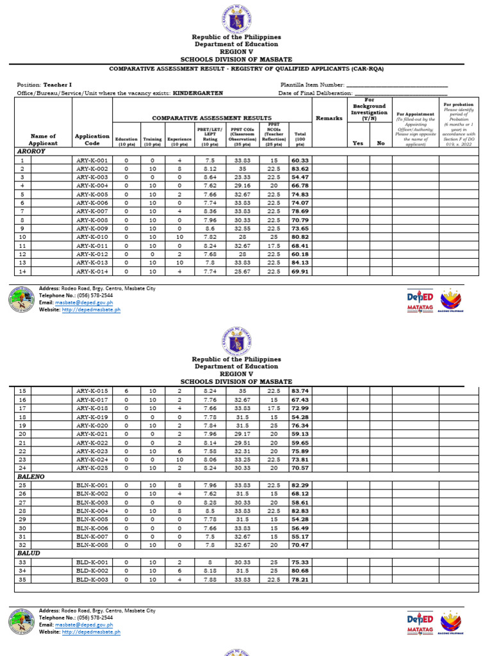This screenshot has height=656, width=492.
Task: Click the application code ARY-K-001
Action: (x=92, y=160)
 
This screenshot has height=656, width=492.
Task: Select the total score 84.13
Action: (x=299, y=262)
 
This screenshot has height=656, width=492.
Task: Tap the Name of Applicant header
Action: (x=43, y=140)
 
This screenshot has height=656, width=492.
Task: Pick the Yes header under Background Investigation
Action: (x=358, y=143)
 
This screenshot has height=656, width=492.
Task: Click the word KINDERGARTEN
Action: (x=198, y=93)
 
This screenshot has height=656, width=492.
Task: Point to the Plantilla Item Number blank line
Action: (x=397, y=85)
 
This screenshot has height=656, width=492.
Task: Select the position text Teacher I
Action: (x=57, y=85)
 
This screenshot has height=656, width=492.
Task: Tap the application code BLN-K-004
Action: (x=92, y=511)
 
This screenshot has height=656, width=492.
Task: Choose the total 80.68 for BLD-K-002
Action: (x=299, y=570)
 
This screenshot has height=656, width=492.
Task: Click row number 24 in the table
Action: (x=22, y=468)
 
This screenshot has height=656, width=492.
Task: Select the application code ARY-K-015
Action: (x=92, y=391)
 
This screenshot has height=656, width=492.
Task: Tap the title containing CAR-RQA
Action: (x=246, y=69)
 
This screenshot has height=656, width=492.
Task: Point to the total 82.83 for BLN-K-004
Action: (x=299, y=511)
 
